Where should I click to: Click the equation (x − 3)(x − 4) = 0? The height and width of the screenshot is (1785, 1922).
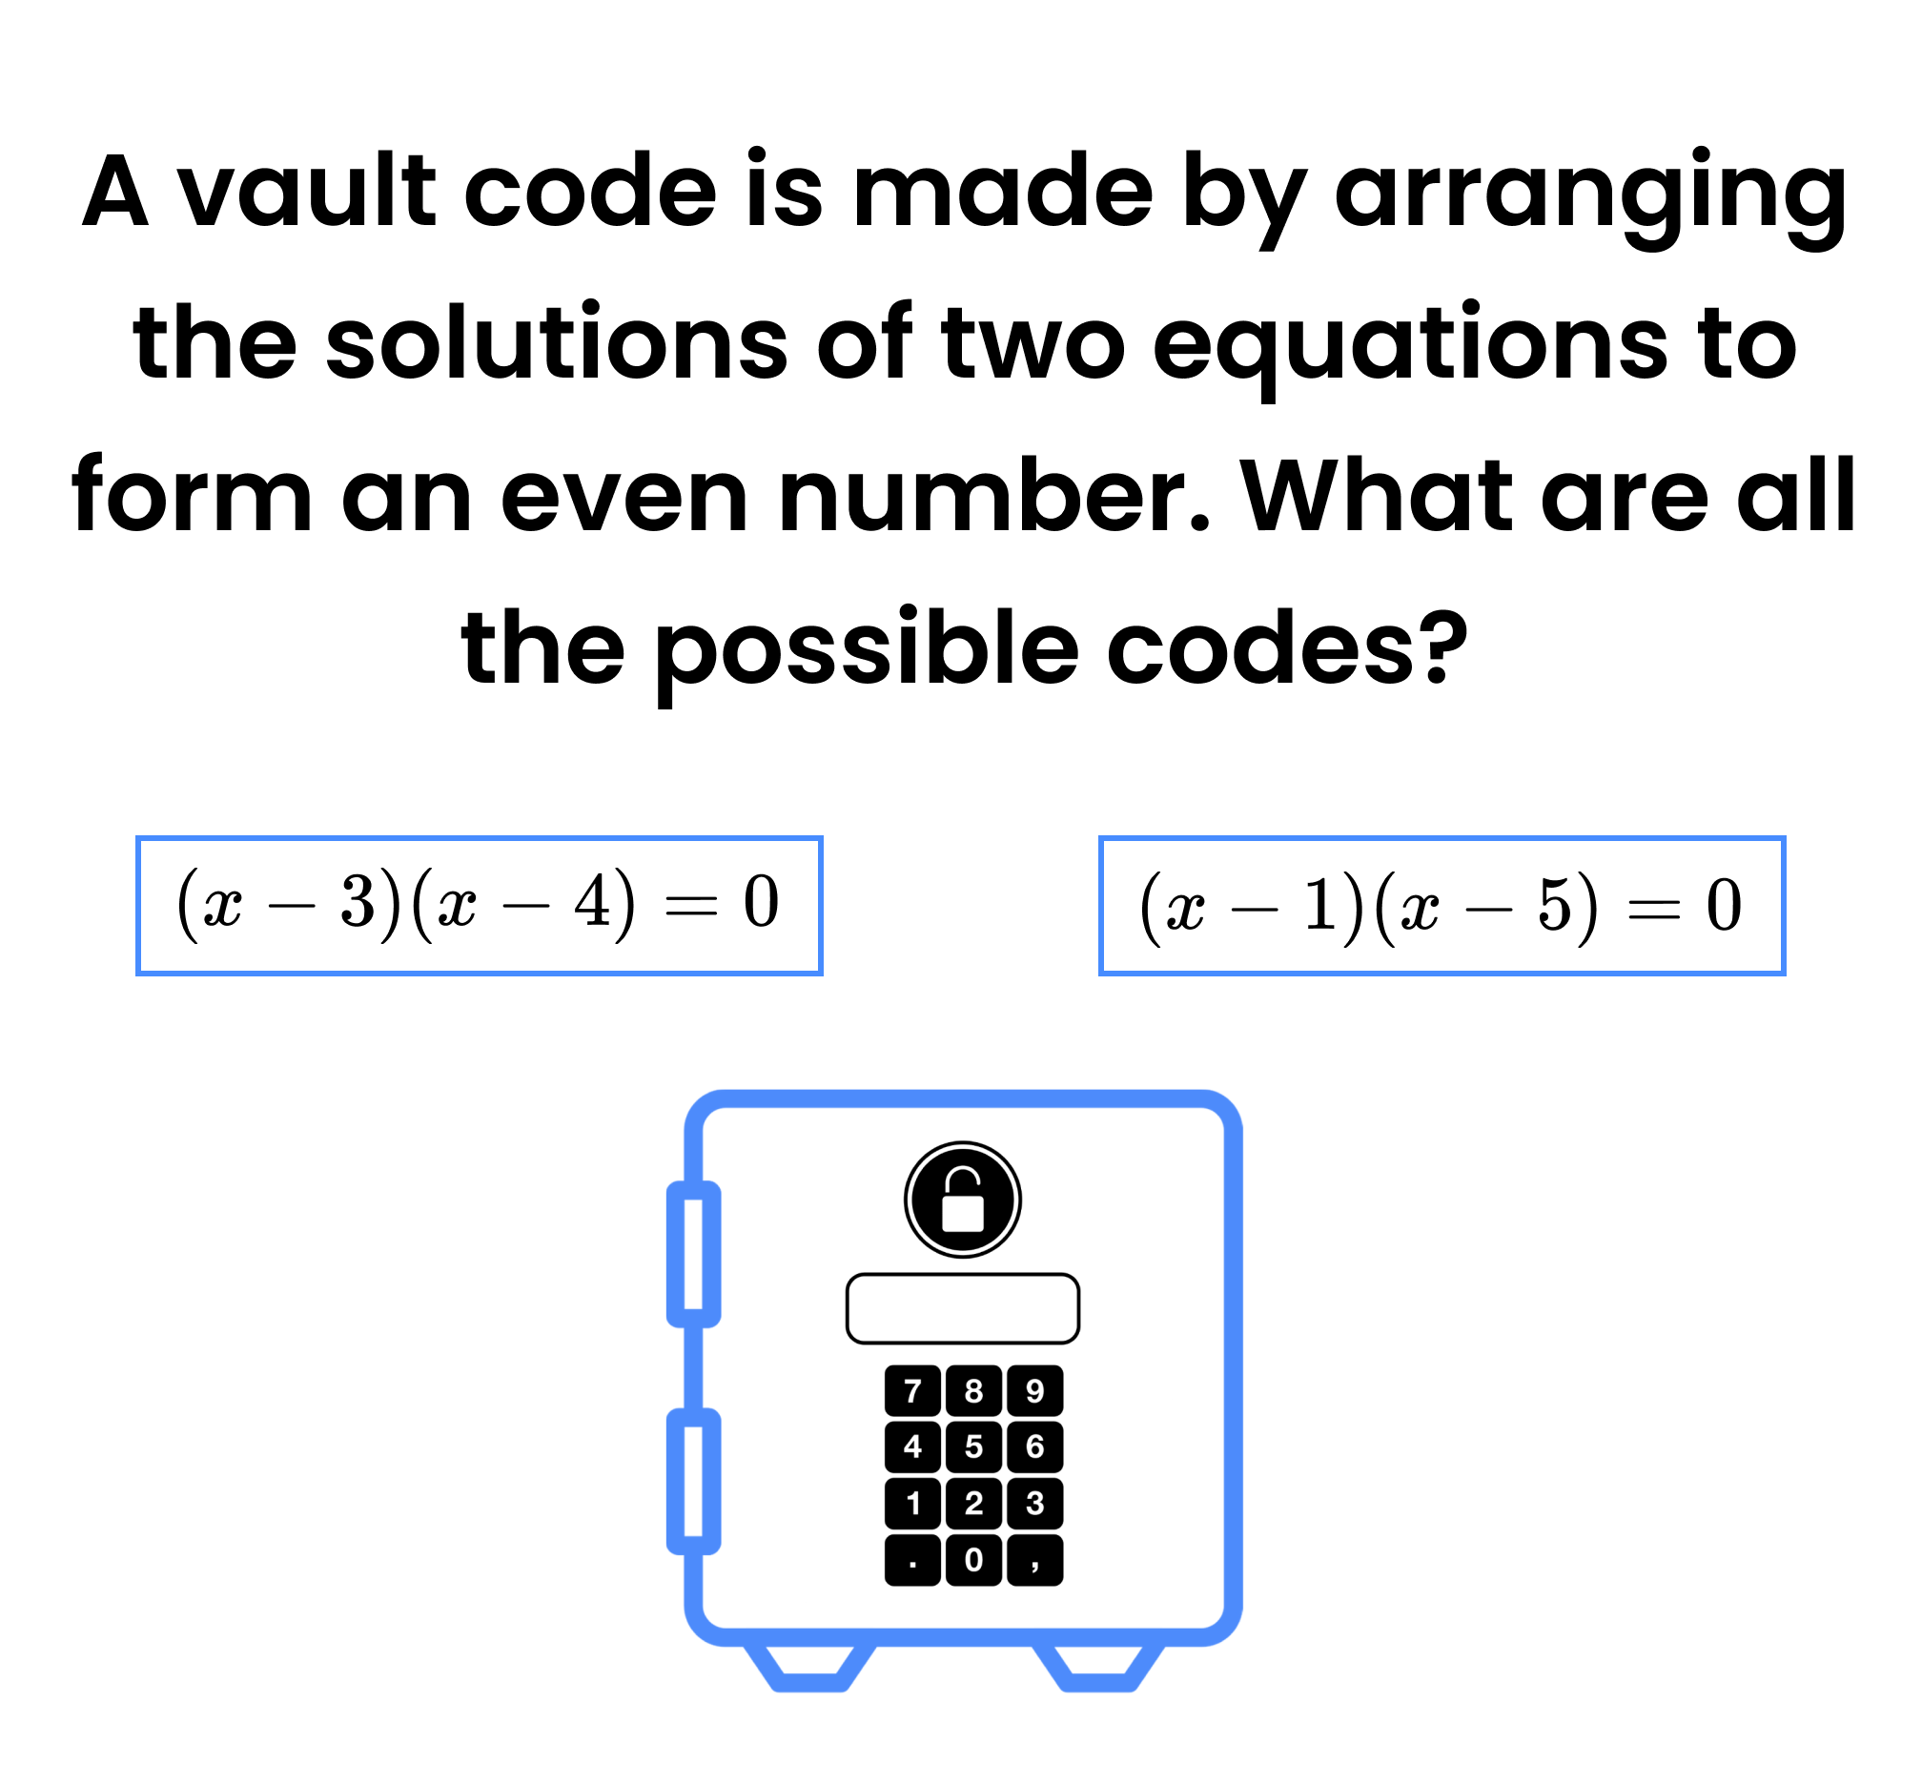(x=478, y=904)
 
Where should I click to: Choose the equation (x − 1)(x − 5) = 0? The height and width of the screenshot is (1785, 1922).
(x=1441, y=906)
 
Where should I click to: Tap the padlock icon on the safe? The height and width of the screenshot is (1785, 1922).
(x=962, y=1200)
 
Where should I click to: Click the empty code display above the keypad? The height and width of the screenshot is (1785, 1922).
(x=962, y=1308)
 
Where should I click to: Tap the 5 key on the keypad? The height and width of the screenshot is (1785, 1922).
(x=972, y=1446)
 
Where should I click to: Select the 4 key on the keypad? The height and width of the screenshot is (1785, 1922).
(x=911, y=1446)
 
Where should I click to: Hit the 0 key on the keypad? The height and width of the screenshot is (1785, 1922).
(x=972, y=1559)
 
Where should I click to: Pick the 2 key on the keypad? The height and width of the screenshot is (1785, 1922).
(x=972, y=1503)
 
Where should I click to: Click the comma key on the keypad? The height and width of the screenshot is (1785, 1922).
(x=1034, y=1559)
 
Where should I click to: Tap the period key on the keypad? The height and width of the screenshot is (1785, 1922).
(x=911, y=1559)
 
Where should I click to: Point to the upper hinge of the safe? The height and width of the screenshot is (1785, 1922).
(x=693, y=1254)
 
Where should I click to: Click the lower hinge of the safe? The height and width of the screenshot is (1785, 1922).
(x=693, y=1482)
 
